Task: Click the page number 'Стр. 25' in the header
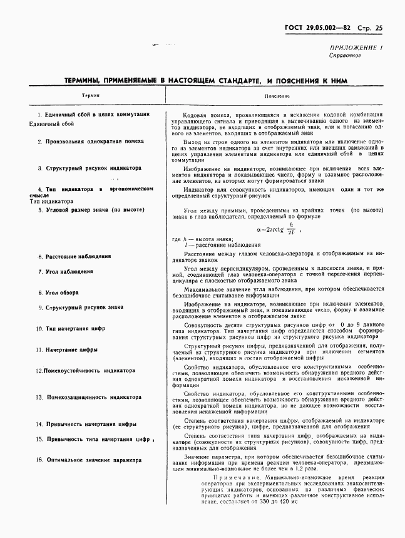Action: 371,28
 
